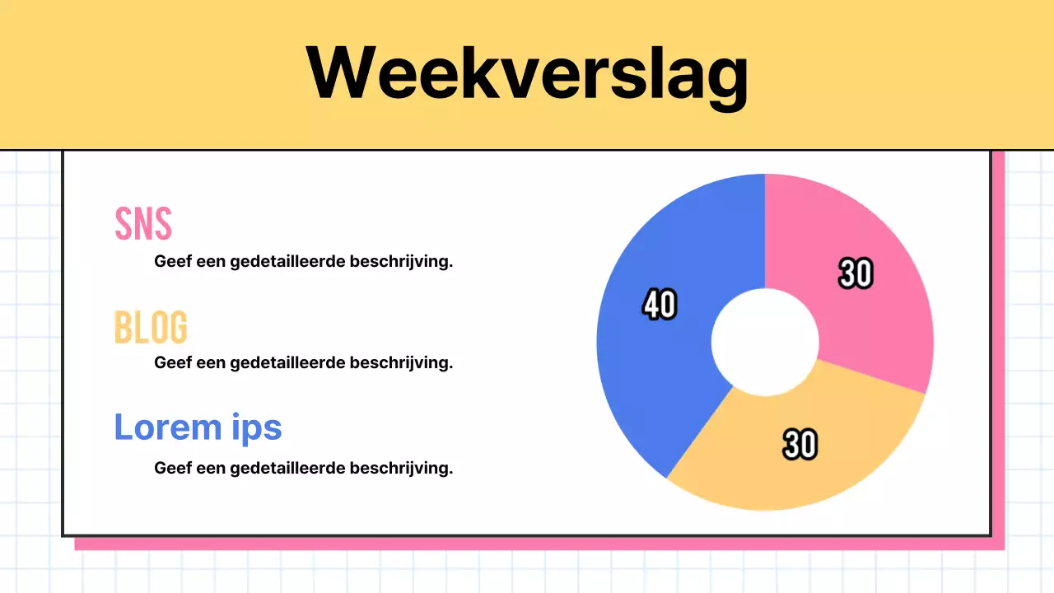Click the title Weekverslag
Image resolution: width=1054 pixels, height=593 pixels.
527,72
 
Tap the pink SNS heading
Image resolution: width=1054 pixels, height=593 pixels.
143,223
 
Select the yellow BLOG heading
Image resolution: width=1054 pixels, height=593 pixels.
151,327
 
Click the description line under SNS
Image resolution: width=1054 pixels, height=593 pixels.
303,262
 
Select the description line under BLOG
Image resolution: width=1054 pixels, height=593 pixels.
303,362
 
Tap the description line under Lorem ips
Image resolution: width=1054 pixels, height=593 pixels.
303,468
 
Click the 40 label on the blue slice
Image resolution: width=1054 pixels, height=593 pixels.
660,305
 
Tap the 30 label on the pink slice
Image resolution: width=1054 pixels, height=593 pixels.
856,273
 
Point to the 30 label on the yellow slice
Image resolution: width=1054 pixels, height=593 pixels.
800,445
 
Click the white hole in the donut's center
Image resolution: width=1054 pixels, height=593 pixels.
765,342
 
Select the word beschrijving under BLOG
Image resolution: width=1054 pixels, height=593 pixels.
401,362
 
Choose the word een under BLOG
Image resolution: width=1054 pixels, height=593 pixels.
211,362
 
